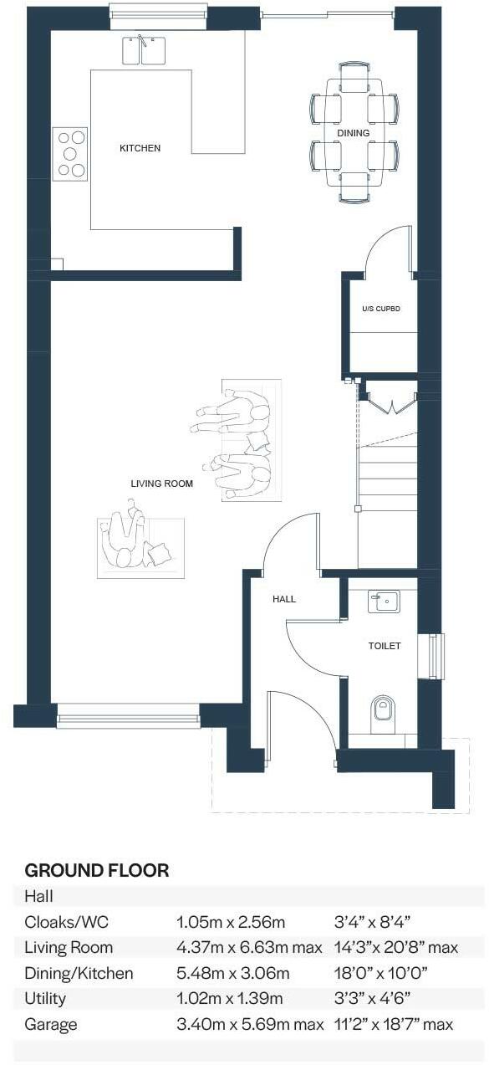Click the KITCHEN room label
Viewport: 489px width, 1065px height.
click(x=140, y=148)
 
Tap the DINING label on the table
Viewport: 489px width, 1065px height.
click(x=353, y=133)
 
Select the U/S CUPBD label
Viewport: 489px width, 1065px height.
click(x=381, y=309)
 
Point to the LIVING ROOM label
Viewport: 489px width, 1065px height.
click(x=161, y=484)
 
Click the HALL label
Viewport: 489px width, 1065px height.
click(x=283, y=599)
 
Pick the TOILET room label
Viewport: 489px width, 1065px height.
click(x=385, y=646)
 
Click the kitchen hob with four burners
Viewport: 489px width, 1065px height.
click(x=70, y=154)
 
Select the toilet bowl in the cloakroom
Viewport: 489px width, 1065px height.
click(x=383, y=709)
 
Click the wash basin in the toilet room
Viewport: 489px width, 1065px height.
click(x=384, y=601)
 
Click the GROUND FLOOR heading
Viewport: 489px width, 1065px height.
click(x=97, y=870)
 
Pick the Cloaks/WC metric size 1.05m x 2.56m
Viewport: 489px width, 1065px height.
click(x=231, y=922)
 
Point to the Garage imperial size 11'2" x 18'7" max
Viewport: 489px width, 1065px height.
click(x=393, y=1024)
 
